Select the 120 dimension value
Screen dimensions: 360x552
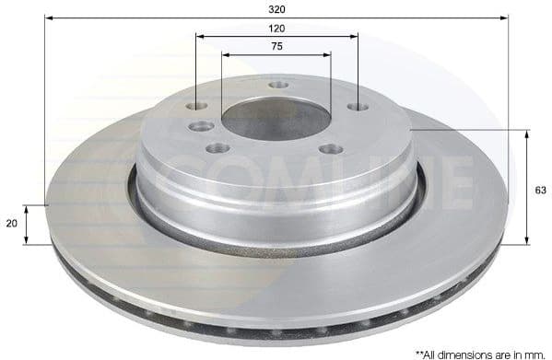[x=277, y=29]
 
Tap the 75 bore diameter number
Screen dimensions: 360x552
[x=277, y=45]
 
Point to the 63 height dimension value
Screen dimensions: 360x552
[x=540, y=190]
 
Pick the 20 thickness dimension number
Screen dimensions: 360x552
[x=10, y=224]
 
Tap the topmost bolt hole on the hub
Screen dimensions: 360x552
[x=278, y=86]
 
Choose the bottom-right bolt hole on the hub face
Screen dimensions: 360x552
[x=330, y=149]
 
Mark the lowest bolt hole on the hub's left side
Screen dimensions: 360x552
[x=217, y=148]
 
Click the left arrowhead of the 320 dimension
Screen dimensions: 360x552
[x=49, y=17]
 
